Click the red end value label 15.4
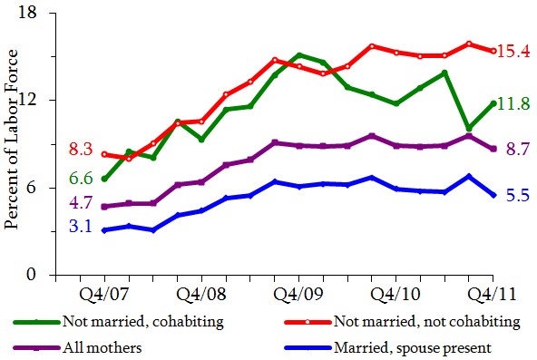click(514, 52)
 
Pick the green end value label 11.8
click(514, 104)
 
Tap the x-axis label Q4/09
click(298, 296)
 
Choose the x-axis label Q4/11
click(493, 296)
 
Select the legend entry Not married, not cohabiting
click(425, 321)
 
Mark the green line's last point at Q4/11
click(493, 103)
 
